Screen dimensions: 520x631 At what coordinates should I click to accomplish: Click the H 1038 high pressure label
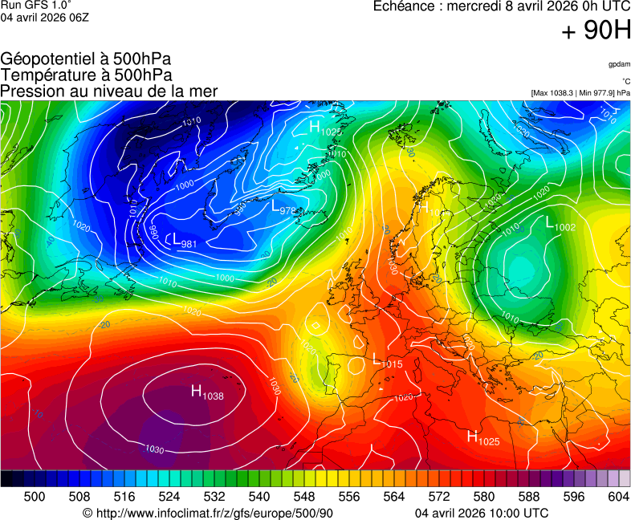pyautogui.click(x=206, y=392)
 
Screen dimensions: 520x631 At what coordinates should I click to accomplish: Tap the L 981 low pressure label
pyautogui.click(x=184, y=241)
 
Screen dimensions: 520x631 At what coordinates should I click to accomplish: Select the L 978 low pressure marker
pyautogui.click(x=284, y=208)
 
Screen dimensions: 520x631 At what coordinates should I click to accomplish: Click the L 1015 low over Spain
pyautogui.click(x=387, y=361)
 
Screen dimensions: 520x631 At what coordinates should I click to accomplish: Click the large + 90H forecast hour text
pyautogui.click(x=596, y=31)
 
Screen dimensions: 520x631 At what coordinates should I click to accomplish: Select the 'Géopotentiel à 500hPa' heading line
pyautogui.click(x=86, y=59)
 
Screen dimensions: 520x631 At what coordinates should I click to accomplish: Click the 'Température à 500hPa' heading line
pyautogui.click(x=86, y=75)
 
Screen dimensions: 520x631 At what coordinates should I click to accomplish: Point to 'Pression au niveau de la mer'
pyautogui.click(x=109, y=91)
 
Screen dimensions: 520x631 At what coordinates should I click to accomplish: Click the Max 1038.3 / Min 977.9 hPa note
pyautogui.click(x=580, y=93)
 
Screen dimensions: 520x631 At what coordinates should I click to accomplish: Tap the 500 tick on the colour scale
pyautogui.click(x=35, y=497)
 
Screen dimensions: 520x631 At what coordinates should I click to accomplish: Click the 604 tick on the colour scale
pyautogui.click(x=618, y=497)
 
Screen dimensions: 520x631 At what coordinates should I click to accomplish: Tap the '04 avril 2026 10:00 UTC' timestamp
pyautogui.click(x=482, y=513)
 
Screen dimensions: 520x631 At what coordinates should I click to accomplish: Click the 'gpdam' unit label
pyautogui.click(x=619, y=63)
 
